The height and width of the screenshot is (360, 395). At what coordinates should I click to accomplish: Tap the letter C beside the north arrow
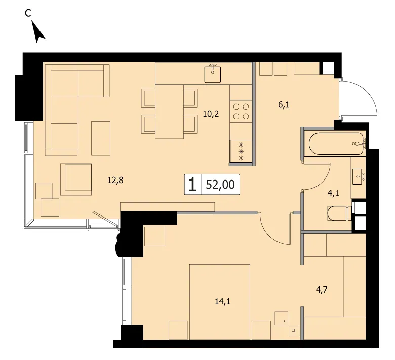[28, 13]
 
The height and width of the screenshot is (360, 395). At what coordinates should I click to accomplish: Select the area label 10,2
[211, 114]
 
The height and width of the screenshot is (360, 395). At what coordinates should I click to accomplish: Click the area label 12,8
[115, 180]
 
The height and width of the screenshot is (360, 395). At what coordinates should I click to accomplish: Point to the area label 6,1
[284, 104]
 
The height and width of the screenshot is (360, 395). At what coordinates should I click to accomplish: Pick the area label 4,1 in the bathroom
[333, 194]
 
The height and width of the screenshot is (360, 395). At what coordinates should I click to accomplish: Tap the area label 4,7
[322, 290]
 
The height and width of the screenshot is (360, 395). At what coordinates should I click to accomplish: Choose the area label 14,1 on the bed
[223, 301]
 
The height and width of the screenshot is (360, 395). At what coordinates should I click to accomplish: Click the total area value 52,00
[220, 185]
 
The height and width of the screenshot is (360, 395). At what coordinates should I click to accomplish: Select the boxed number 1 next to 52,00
[193, 185]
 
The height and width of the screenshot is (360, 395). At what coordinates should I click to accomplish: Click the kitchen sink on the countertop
[213, 74]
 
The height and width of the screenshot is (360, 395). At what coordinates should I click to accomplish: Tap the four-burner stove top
[241, 111]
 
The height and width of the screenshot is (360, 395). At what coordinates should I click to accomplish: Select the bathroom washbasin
[358, 176]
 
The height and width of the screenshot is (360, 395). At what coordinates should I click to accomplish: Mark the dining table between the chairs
[169, 112]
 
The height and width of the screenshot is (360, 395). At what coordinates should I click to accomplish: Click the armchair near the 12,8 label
[76, 179]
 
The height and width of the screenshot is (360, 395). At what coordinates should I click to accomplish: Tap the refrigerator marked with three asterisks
[241, 152]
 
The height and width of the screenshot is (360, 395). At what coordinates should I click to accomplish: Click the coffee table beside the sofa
[101, 138]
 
